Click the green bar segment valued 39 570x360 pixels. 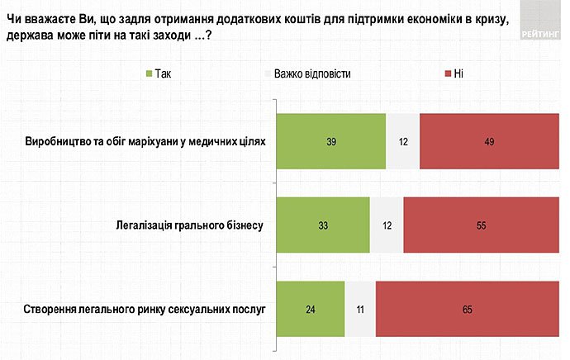(x=330, y=142)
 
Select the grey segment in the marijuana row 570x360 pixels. (x=402, y=142)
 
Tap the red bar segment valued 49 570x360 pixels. (x=489, y=142)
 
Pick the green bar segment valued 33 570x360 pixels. (x=322, y=225)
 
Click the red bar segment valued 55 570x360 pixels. (x=481, y=225)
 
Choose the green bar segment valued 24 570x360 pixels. (x=310, y=309)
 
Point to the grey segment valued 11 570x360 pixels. (x=359, y=309)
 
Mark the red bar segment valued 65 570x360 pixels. (x=467, y=309)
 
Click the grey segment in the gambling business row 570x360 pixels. (x=387, y=225)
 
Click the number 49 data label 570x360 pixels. (x=489, y=142)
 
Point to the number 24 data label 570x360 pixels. (x=310, y=309)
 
